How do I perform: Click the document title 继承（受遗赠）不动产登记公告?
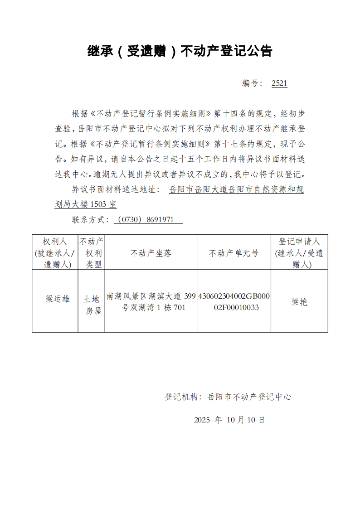click(x=180, y=51)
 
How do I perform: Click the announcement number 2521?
click(x=279, y=83)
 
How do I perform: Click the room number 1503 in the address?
click(x=98, y=205)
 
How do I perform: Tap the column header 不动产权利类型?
click(x=91, y=253)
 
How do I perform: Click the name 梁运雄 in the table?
click(x=58, y=299)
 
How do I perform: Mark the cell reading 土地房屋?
click(x=91, y=305)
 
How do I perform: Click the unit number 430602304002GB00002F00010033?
click(x=234, y=302)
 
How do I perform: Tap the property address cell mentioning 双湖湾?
click(x=151, y=302)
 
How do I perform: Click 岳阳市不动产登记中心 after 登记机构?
click(x=249, y=397)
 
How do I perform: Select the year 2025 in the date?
click(x=202, y=420)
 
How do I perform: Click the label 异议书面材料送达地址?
click(x=115, y=189)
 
